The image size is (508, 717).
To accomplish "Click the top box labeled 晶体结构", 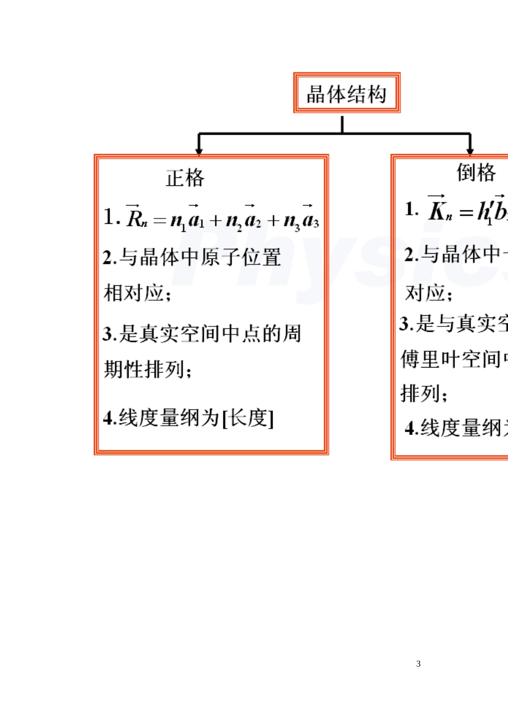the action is coord(347,93).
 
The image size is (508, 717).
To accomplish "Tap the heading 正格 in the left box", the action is coord(185,178).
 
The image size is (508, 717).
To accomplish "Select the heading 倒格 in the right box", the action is coord(476,173).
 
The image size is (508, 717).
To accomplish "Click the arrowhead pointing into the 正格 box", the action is coord(199,151).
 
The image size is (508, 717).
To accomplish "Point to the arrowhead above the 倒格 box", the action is coord(470,151).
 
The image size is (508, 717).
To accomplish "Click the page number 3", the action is coord(418,664).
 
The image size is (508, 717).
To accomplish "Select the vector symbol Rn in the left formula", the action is coord(136,217).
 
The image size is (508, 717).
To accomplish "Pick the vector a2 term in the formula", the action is coord(252,218).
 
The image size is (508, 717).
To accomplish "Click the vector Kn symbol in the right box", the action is coord(440,210).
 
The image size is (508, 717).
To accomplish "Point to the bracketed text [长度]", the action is coord(248,418).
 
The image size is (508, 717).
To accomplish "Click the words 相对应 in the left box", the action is coord(134,293).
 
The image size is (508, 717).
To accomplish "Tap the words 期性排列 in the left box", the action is coord(144,369).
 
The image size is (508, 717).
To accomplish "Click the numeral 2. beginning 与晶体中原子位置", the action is coord(109,258).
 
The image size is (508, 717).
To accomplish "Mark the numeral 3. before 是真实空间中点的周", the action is coord(109,334).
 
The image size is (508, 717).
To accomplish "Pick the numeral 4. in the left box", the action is coord(110,418).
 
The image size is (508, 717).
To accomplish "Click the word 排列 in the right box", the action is coord(421,393).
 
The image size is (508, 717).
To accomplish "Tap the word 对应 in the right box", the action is coord(426,293).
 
